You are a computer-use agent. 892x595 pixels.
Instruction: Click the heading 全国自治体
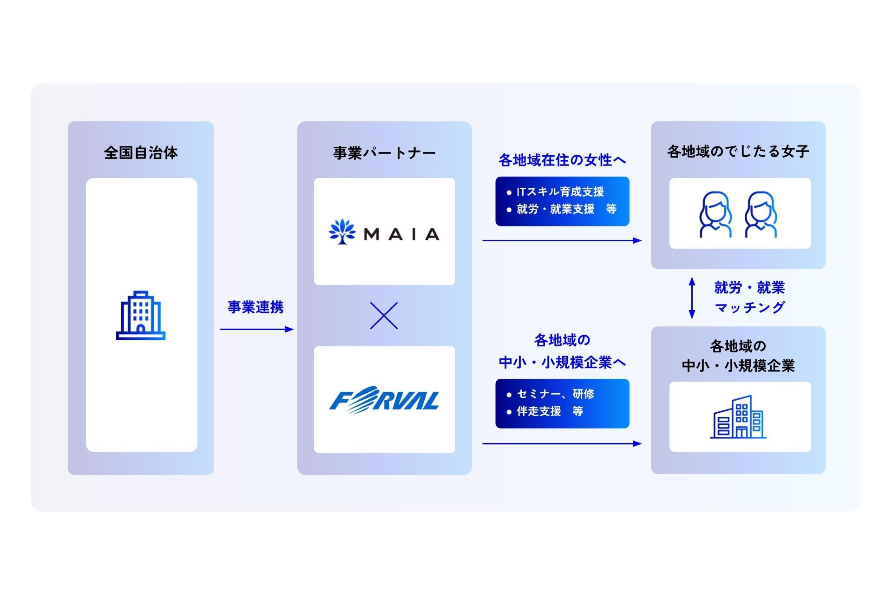[141, 152]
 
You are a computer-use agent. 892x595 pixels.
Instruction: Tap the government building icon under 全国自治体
[141, 316]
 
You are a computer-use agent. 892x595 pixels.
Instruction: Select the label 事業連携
[256, 307]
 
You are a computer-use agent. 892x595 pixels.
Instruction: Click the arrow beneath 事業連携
[256, 329]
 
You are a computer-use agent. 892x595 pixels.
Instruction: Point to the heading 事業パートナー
[384, 153]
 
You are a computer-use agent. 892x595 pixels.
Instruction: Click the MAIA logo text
[401, 234]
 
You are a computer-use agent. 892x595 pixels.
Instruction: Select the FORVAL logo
[384, 400]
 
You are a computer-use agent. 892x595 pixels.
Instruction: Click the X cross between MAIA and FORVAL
[384, 316]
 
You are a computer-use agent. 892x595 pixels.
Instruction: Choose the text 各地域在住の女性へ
[562, 160]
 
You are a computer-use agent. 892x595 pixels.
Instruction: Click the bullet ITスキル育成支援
[560, 192]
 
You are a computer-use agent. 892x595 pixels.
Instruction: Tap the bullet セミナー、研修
[555, 394]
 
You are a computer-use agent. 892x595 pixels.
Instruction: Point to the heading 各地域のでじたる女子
[738, 152]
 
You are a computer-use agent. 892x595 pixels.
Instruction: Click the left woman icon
[715, 214]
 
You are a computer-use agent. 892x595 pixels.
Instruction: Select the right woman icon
[761, 214]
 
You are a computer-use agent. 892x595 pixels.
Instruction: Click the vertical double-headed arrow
[692, 297]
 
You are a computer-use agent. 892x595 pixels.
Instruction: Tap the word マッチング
[749, 308]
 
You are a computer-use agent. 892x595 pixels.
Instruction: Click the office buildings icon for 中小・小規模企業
[738, 417]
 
